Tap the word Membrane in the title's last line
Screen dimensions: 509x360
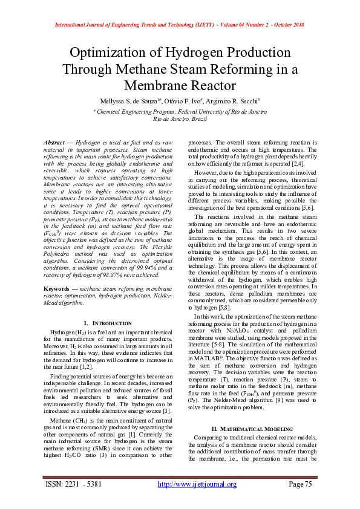click(x=180, y=85)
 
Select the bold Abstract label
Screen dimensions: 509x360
click(x=55, y=141)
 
